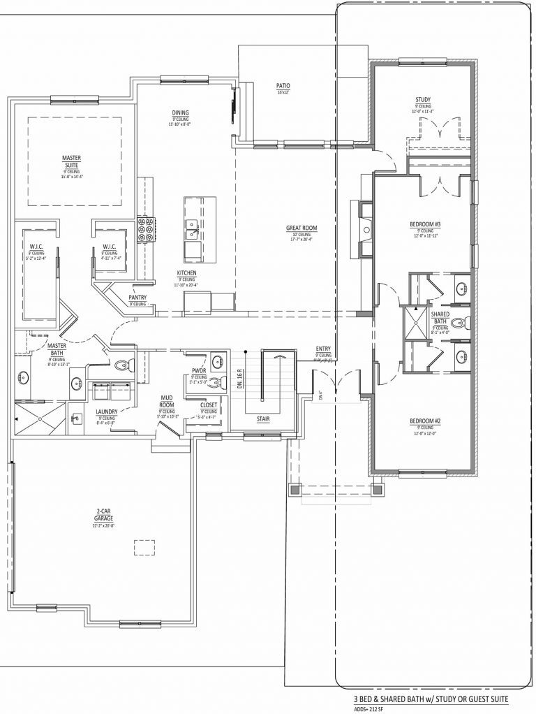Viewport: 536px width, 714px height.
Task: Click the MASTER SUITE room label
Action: (x=72, y=162)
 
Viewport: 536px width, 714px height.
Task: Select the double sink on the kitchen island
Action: (x=191, y=227)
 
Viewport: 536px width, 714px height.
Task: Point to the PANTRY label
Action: (x=137, y=297)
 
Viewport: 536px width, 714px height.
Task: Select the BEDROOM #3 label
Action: (x=425, y=224)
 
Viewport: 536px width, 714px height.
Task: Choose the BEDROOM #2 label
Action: (x=425, y=421)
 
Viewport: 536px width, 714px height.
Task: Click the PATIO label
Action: (x=283, y=85)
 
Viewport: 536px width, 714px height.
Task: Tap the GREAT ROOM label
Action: (x=302, y=228)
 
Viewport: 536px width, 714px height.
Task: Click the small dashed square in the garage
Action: (x=144, y=548)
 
